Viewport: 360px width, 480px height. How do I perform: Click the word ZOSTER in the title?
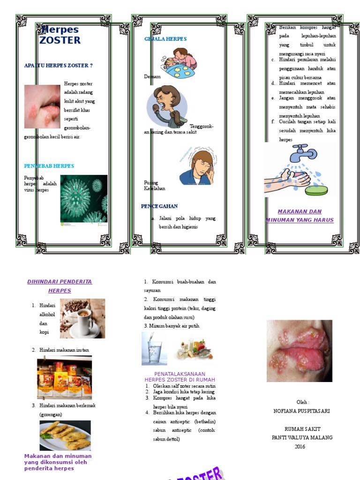[x=60, y=40]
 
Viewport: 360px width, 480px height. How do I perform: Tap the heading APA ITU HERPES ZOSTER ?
[x=59, y=66]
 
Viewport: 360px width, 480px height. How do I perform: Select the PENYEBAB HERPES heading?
[x=49, y=166]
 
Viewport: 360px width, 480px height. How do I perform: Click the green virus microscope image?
[x=83, y=199]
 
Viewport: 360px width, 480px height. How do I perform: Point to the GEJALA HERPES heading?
[x=165, y=39]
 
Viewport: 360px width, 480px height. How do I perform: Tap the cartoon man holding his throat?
[x=166, y=106]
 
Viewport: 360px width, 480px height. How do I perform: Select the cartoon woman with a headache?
[x=197, y=167]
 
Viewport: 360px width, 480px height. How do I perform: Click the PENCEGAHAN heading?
[x=159, y=206]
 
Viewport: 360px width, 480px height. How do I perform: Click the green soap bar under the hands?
[x=316, y=190]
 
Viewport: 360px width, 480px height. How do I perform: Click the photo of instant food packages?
[x=65, y=377]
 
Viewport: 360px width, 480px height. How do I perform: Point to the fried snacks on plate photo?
[x=65, y=435]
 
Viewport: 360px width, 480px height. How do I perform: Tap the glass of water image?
[x=154, y=349]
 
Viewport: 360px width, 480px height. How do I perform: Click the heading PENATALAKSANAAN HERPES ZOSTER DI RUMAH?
[x=180, y=377]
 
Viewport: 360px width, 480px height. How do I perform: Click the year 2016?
[x=300, y=447]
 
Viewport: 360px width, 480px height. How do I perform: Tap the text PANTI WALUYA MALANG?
[x=302, y=438]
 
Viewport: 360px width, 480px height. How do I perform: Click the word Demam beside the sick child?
[x=152, y=76]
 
